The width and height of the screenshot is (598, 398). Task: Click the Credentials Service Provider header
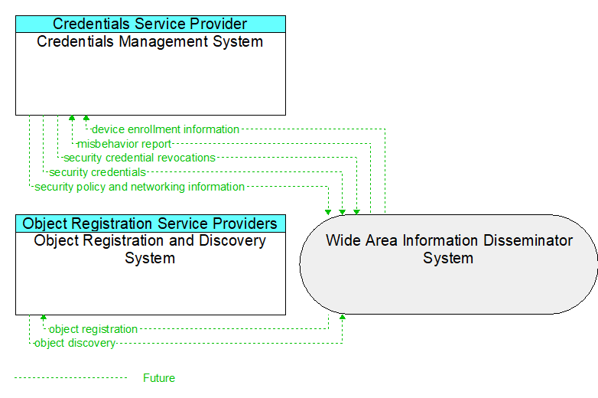pos(150,24)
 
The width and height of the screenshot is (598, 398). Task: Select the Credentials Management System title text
pos(150,41)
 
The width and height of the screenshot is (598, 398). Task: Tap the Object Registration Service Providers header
pos(150,223)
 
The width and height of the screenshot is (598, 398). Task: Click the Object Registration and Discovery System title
pos(150,250)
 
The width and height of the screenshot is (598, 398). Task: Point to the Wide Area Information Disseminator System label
pos(449,250)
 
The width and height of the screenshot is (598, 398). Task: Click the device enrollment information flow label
pos(165,129)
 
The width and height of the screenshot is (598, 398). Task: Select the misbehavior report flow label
pos(125,144)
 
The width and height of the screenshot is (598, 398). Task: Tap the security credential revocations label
pos(140,158)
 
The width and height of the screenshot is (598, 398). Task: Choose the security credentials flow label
pos(98,172)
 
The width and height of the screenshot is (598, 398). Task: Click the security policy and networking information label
pos(140,187)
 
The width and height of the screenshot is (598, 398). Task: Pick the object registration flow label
pos(93,329)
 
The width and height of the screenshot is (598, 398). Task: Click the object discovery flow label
pos(75,343)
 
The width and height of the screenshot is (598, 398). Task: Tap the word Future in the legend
pos(159,378)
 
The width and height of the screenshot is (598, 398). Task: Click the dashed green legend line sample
pos(70,378)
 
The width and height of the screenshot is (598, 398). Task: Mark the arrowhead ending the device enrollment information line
pos(86,118)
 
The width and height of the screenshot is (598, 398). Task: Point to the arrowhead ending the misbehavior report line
pos(72,118)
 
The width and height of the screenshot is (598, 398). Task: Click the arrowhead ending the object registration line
pos(44,318)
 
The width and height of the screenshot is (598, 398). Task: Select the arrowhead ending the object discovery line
pos(343,317)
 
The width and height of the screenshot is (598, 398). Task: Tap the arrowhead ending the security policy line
pos(328,212)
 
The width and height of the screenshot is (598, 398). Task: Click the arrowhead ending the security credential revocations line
pos(356,212)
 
